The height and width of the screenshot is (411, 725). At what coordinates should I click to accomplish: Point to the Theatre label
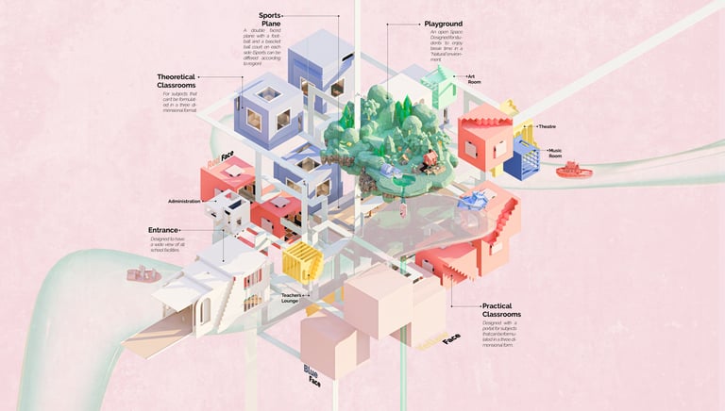tap(548, 125)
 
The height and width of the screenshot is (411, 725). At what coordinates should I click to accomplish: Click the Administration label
tap(186, 202)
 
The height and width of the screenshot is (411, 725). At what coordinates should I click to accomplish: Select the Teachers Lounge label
tap(291, 299)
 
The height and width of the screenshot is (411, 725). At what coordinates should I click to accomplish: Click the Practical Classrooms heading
tap(510, 310)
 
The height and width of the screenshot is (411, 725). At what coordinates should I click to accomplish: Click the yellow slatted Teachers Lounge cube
tap(302, 261)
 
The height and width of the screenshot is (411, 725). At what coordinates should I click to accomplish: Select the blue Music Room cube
tap(521, 159)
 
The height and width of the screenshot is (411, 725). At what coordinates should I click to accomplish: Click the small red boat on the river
tap(573, 171)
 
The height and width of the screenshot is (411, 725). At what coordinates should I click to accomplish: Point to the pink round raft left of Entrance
tap(142, 275)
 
